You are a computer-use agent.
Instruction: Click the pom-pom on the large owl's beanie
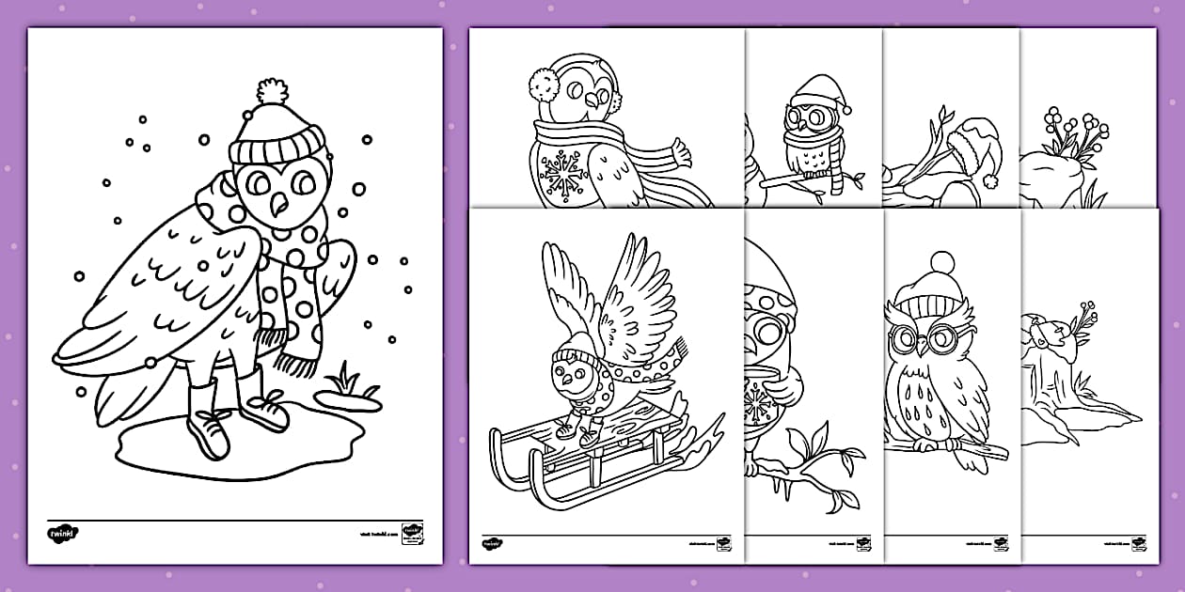pos(271,92)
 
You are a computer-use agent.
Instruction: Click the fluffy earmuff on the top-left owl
pos(544,86)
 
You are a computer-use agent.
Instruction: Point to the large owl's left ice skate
pos(209,433)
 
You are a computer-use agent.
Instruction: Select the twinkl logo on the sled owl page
pos(491,543)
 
